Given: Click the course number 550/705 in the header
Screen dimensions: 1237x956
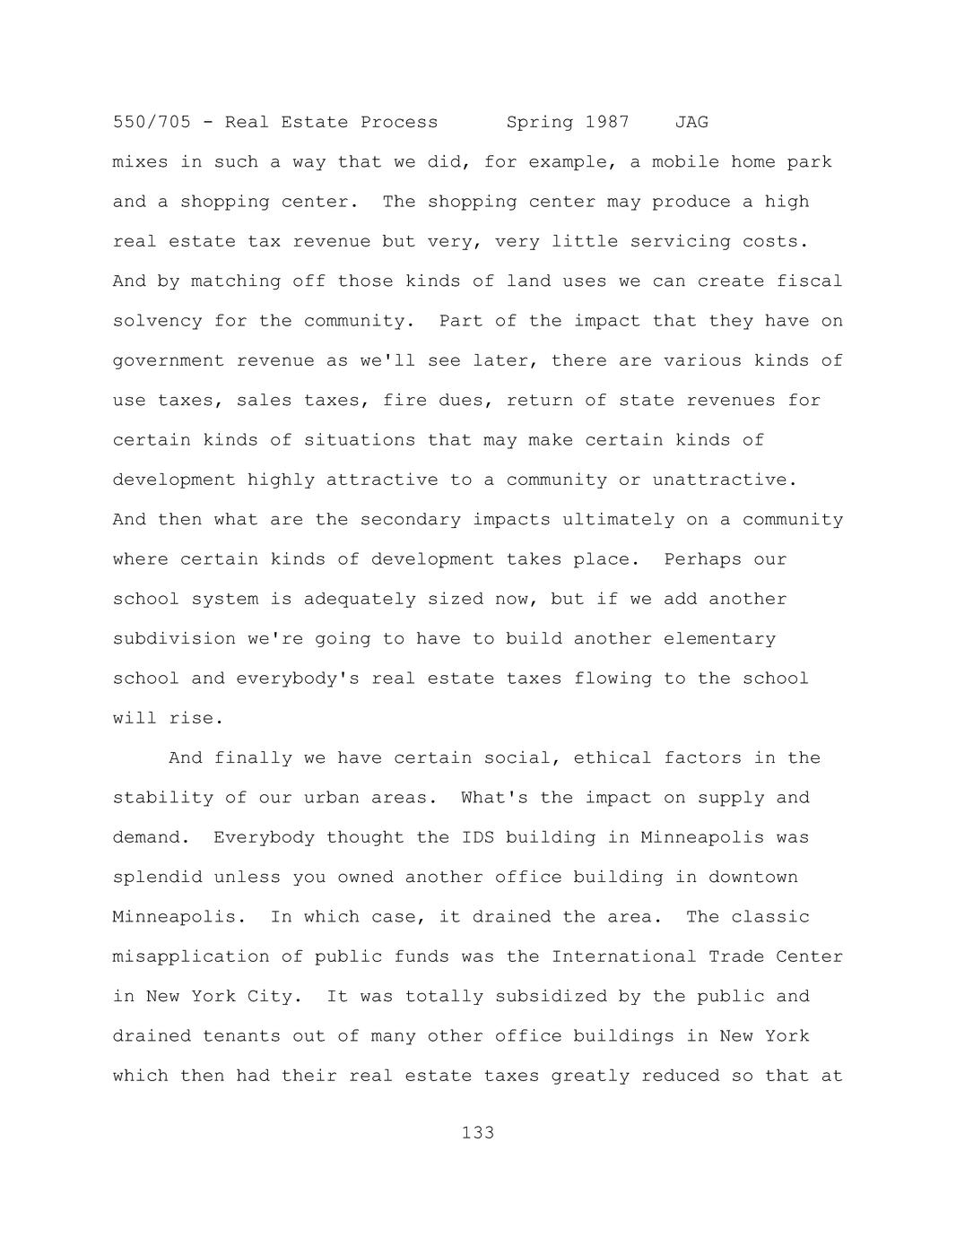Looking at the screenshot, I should click(152, 122).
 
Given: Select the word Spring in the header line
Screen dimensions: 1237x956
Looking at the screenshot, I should click(540, 122).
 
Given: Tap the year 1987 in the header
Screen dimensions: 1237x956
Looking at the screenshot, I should click(607, 122).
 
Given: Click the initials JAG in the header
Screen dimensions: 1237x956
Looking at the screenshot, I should click(691, 122).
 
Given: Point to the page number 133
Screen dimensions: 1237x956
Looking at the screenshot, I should click(478, 1133).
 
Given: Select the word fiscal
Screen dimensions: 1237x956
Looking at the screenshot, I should click(810, 281).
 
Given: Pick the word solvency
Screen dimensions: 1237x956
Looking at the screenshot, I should click(157, 321).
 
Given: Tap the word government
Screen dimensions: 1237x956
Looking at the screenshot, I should click(169, 361).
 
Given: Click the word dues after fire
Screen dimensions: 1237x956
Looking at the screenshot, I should click(461, 401).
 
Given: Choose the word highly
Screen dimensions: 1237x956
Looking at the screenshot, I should click(281, 480).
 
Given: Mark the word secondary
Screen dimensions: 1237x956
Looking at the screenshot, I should click(410, 520).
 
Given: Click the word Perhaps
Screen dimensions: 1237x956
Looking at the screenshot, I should click(702, 559).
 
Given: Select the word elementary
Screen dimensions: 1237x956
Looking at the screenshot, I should click(719, 639).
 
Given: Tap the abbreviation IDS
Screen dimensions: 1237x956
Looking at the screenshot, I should click(478, 837).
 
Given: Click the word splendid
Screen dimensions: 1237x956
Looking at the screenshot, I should click(157, 878).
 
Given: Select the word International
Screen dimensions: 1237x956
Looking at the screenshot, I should click(623, 956).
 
